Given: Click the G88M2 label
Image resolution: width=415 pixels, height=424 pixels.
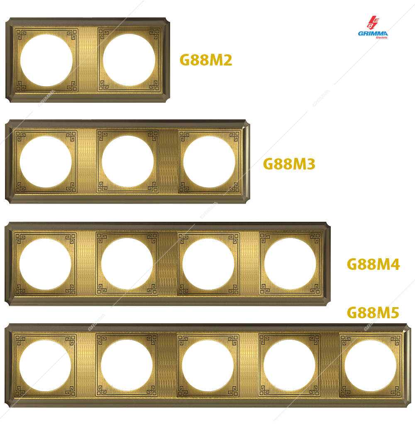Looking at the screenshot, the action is (x=205, y=60).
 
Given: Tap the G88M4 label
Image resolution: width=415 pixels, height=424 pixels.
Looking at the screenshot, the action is (x=373, y=264).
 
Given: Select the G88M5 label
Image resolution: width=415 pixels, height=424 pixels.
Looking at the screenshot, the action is (x=373, y=313).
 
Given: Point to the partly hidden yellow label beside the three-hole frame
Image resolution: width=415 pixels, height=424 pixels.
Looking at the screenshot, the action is (x=293, y=164).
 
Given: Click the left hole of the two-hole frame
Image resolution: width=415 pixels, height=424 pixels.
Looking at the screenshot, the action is (x=46, y=60).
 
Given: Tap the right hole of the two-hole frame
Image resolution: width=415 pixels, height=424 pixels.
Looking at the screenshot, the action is (x=129, y=60).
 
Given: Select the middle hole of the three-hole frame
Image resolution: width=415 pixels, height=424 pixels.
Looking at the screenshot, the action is (x=128, y=162).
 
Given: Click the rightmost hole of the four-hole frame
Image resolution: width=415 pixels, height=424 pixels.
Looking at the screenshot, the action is (x=290, y=264).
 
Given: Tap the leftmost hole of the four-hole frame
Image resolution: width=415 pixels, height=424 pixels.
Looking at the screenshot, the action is (x=45, y=264).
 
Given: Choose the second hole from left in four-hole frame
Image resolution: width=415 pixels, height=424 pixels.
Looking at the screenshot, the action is (x=127, y=264).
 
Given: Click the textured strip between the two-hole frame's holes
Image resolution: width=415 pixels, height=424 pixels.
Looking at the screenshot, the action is (x=88, y=60).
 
